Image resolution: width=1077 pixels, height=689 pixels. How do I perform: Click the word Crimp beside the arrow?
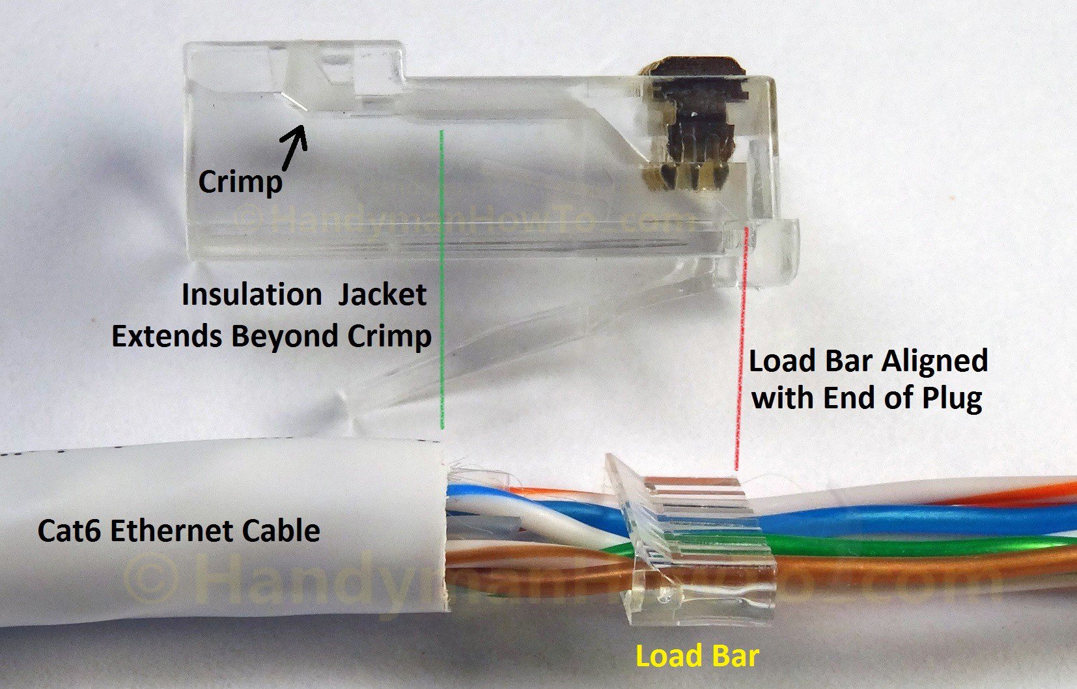point(240,182)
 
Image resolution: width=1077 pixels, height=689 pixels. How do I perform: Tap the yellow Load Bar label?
point(697,656)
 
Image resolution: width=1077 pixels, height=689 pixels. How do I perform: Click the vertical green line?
point(442,280)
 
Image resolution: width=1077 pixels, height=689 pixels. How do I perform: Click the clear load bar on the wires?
point(690,541)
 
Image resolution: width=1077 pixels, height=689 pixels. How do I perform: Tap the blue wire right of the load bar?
point(912,519)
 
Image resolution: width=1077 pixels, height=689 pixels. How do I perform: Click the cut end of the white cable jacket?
point(447,534)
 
